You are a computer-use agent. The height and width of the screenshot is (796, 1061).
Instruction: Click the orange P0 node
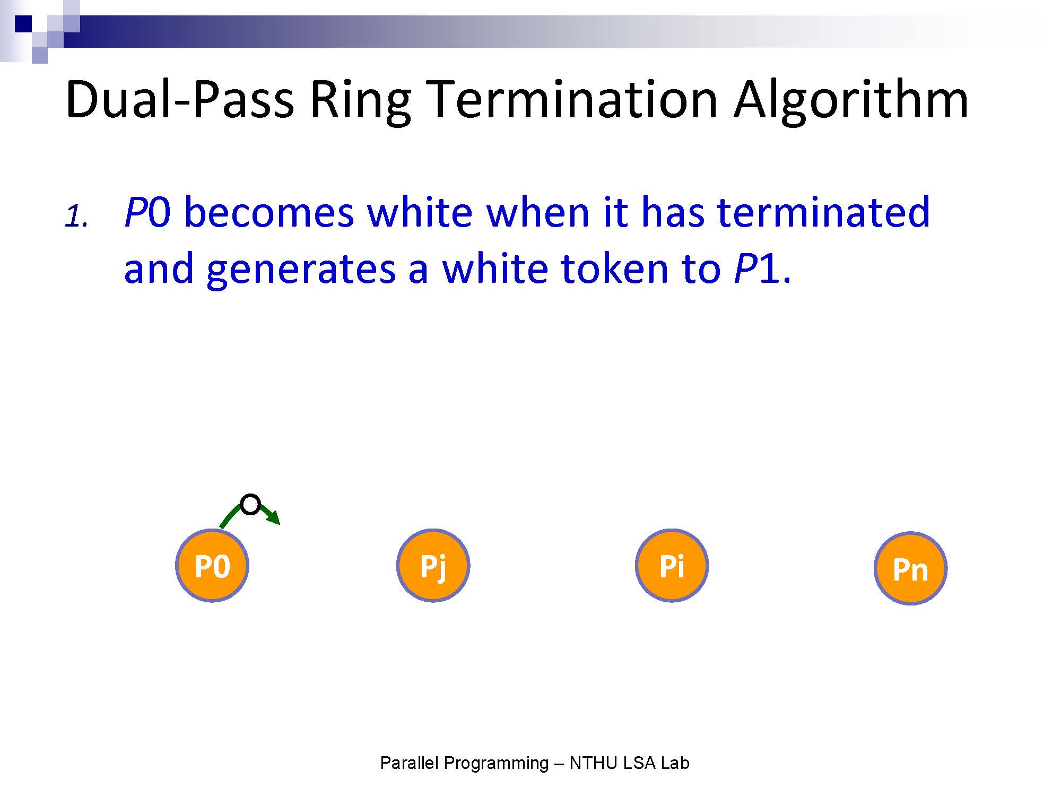tap(212, 566)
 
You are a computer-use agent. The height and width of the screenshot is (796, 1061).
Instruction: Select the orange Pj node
tap(433, 566)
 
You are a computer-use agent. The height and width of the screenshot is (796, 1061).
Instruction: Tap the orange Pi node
tap(672, 566)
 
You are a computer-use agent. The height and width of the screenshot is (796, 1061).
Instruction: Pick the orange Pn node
tap(910, 568)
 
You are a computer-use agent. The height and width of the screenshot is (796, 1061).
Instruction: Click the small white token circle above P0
tap(250, 504)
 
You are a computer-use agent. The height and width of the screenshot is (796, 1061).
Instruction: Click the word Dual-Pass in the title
tap(180, 100)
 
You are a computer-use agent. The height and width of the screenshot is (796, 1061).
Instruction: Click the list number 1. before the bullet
tap(76, 217)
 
